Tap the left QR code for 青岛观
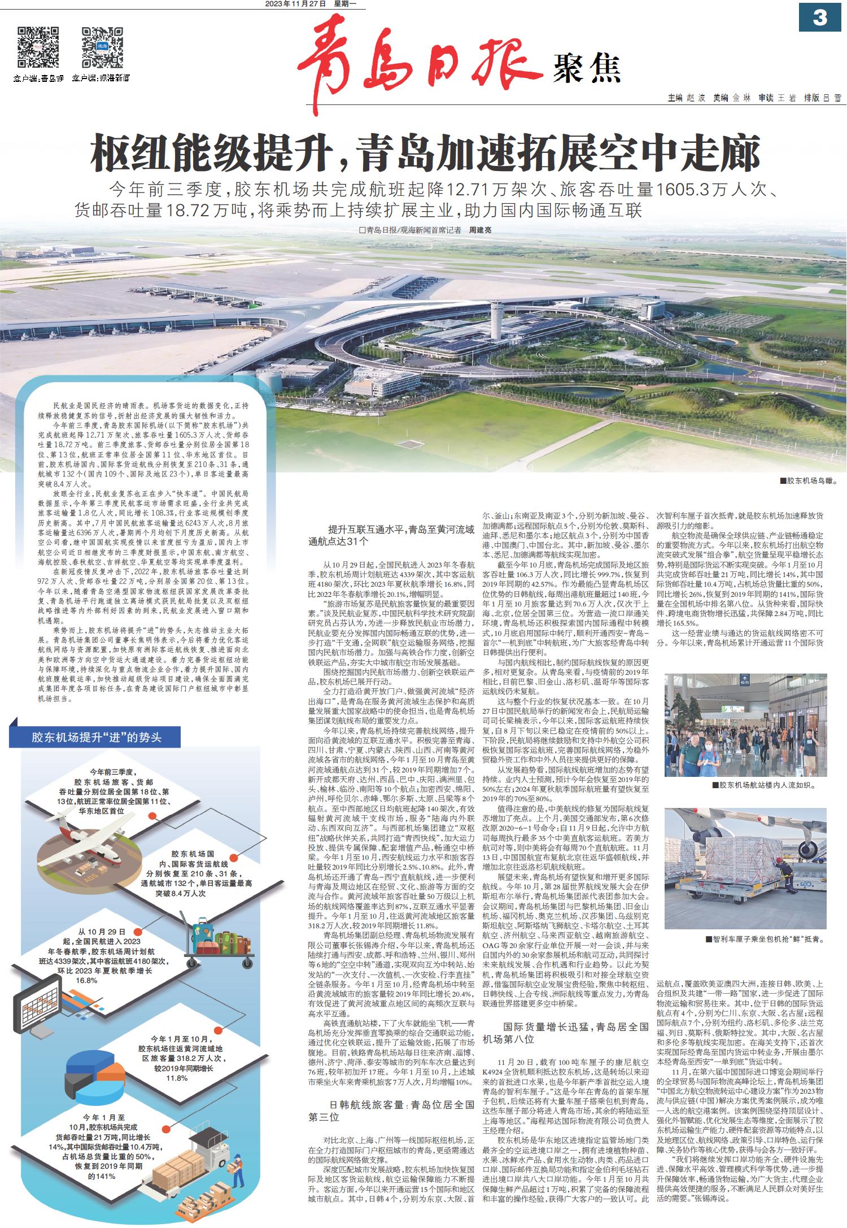pyautogui.click(x=38, y=47)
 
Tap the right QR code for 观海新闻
pyautogui.click(x=102, y=47)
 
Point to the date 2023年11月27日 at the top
pyautogui.click(x=296, y=4)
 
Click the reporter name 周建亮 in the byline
pyautogui.click(x=481, y=230)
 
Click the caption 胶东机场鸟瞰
pyautogui.click(x=807, y=481)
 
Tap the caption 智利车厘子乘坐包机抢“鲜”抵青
pyautogui.click(x=765, y=940)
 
